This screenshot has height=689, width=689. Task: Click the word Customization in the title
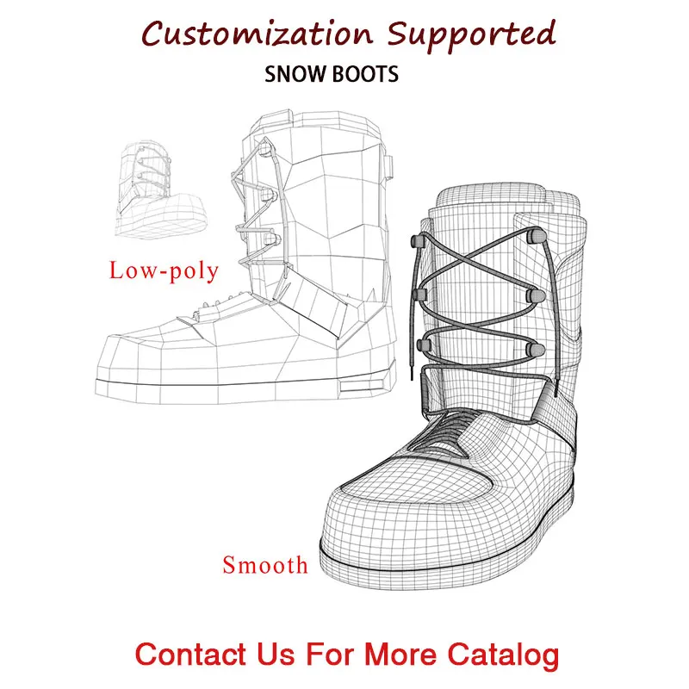click(256, 34)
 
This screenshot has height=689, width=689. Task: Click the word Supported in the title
click(471, 34)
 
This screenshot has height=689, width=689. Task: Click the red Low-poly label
click(164, 270)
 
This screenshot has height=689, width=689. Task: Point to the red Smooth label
click(265, 565)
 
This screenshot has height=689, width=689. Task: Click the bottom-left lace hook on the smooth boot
click(423, 344)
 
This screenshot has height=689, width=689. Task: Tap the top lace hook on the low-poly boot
click(265, 150)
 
